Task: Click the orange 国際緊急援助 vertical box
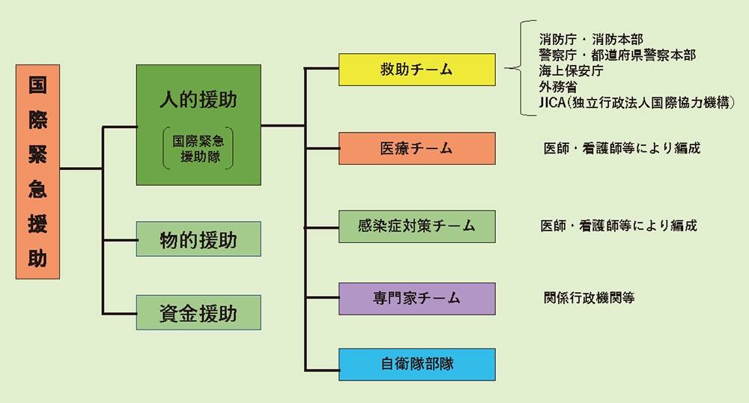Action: pyautogui.click(x=37, y=172)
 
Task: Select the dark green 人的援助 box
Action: pyautogui.click(x=198, y=125)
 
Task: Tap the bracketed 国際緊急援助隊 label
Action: pyautogui.click(x=198, y=148)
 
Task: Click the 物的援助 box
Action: pyautogui.click(x=198, y=239)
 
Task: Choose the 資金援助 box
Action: pyautogui.click(x=198, y=313)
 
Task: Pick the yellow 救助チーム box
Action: pyautogui.click(x=417, y=70)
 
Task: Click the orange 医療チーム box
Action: pyautogui.click(x=417, y=148)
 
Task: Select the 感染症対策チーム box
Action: pyautogui.click(x=417, y=226)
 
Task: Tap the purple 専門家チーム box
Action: pyautogui.click(x=417, y=299)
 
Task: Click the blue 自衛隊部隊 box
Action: pyautogui.click(x=417, y=364)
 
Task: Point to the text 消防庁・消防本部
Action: pyautogui.click(x=592, y=39)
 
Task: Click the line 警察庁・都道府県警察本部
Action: pyautogui.click(x=618, y=55)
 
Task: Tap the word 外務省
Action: pyautogui.click(x=559, y=87)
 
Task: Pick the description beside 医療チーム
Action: pyautogui.click(x=622, y=148)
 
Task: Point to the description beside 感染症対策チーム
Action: pyautogui.click(x=619, y=226)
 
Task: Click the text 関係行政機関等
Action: pyautogui.click(x=589, y=298)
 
